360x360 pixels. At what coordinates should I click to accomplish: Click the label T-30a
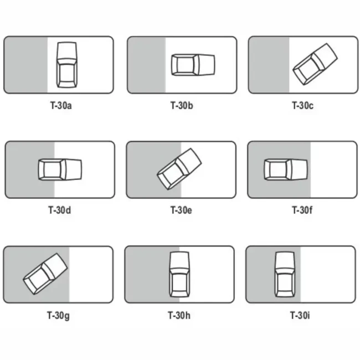coord(61,106)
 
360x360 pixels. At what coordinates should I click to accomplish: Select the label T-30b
coord(182,106)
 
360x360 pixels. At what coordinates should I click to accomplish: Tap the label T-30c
coord(302,106)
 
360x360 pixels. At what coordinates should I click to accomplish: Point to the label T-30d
coord(59,210)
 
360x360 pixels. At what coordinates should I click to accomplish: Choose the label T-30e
coord(181,210)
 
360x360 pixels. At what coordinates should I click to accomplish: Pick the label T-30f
coord(302,210)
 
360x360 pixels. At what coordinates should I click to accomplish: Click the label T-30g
coord(58,316)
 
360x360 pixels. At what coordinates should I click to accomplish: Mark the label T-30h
coord(179,316)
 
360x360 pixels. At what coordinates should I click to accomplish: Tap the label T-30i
coord(300,316)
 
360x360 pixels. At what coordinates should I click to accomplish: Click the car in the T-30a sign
coord(67,65)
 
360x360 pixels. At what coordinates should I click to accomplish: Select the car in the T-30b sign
coord(193,65)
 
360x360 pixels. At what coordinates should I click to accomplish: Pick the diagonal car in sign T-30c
coord(315,64)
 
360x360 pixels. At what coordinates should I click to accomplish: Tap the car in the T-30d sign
coord(60,169)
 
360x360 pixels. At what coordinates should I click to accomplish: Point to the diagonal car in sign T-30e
coord(179,169)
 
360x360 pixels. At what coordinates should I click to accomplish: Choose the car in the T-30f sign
coord(286,169)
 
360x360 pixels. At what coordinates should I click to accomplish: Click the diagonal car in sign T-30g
coord(45,274)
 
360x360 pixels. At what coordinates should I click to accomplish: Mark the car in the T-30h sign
coord(179,274)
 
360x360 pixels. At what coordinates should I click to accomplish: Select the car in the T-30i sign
coord(285,274)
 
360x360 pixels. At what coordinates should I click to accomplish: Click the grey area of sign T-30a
coord(25,65)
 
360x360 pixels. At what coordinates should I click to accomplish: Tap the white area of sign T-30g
coord(91,274)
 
